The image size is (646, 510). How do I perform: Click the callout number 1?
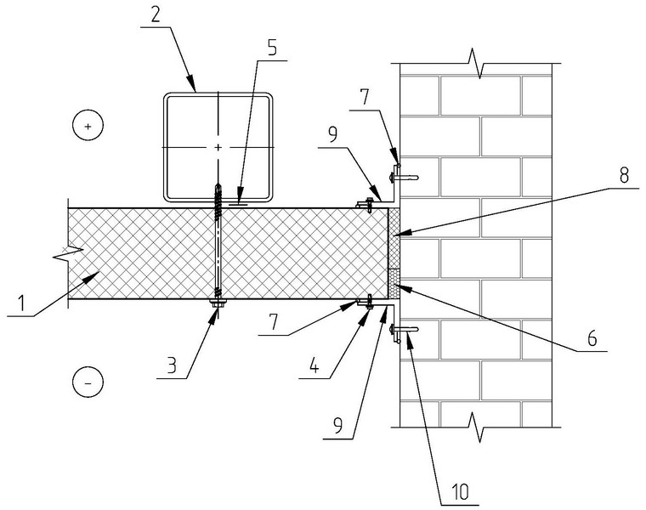tap(20, 303)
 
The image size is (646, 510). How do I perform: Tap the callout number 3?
tap(172, 364)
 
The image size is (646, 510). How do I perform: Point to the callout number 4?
tap(314, 364)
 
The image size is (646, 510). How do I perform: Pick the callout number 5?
tap(272, 48)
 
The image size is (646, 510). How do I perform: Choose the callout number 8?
tap(624, 174)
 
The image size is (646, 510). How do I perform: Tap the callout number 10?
tap(459, 491)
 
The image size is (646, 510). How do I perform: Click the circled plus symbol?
tap(88, 126)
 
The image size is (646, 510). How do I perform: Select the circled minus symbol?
tap(88, 382)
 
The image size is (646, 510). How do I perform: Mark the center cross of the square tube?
tap(218, 147)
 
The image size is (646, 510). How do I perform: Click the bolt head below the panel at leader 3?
tap(218, 304)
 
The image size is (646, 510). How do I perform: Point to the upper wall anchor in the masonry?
tap(404, 178)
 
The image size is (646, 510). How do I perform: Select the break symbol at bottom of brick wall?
tap(476, 427)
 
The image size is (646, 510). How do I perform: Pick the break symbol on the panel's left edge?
tap(68, 252)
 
